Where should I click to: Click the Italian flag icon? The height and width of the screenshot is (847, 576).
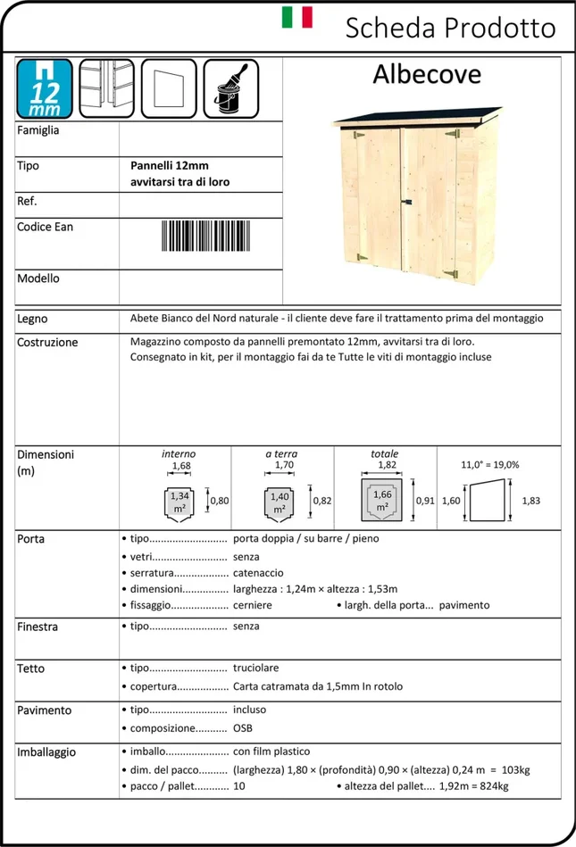click(296, 18)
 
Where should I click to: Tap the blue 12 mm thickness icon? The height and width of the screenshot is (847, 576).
click(45, 88)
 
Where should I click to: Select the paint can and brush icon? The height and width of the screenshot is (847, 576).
click(230, 87)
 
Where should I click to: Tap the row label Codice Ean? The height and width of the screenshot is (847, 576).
click(45, 227)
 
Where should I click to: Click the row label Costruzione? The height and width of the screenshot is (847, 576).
click(47, 342)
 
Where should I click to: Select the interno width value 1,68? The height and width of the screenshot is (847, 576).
click(181, 466)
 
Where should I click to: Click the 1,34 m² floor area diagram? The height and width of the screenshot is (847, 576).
click(179, 502)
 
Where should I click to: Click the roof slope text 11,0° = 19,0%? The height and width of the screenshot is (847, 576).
click(489, 465)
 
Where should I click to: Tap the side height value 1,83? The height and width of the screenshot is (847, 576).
click(530, 501)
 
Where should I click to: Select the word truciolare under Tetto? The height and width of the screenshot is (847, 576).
click(256, 668)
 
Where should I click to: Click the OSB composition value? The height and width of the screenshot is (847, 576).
click(243, 727)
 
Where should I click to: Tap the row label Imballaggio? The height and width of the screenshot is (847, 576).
click(46, 752)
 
